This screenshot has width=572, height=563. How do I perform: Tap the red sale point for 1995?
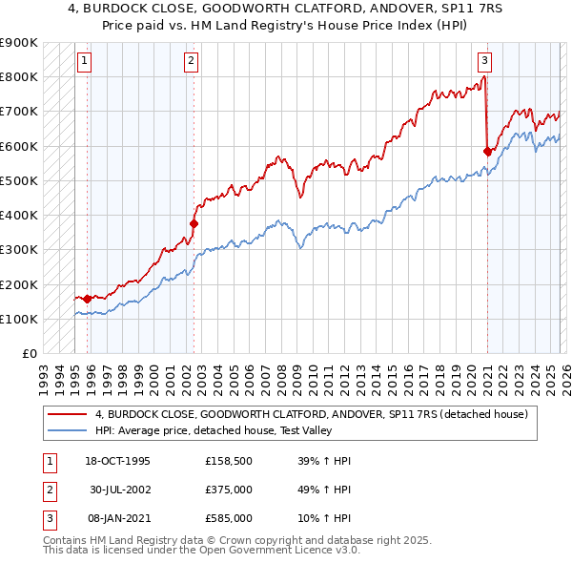tap(87, 299)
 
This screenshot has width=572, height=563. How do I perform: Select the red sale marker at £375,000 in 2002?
tap(194, 223)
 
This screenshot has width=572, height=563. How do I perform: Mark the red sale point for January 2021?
tap(487, 151)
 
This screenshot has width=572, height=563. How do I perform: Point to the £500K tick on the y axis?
tap(20, 180)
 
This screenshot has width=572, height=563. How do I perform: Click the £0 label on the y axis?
tap(29, 353)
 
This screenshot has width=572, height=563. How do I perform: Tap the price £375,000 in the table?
tap(229, 490)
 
